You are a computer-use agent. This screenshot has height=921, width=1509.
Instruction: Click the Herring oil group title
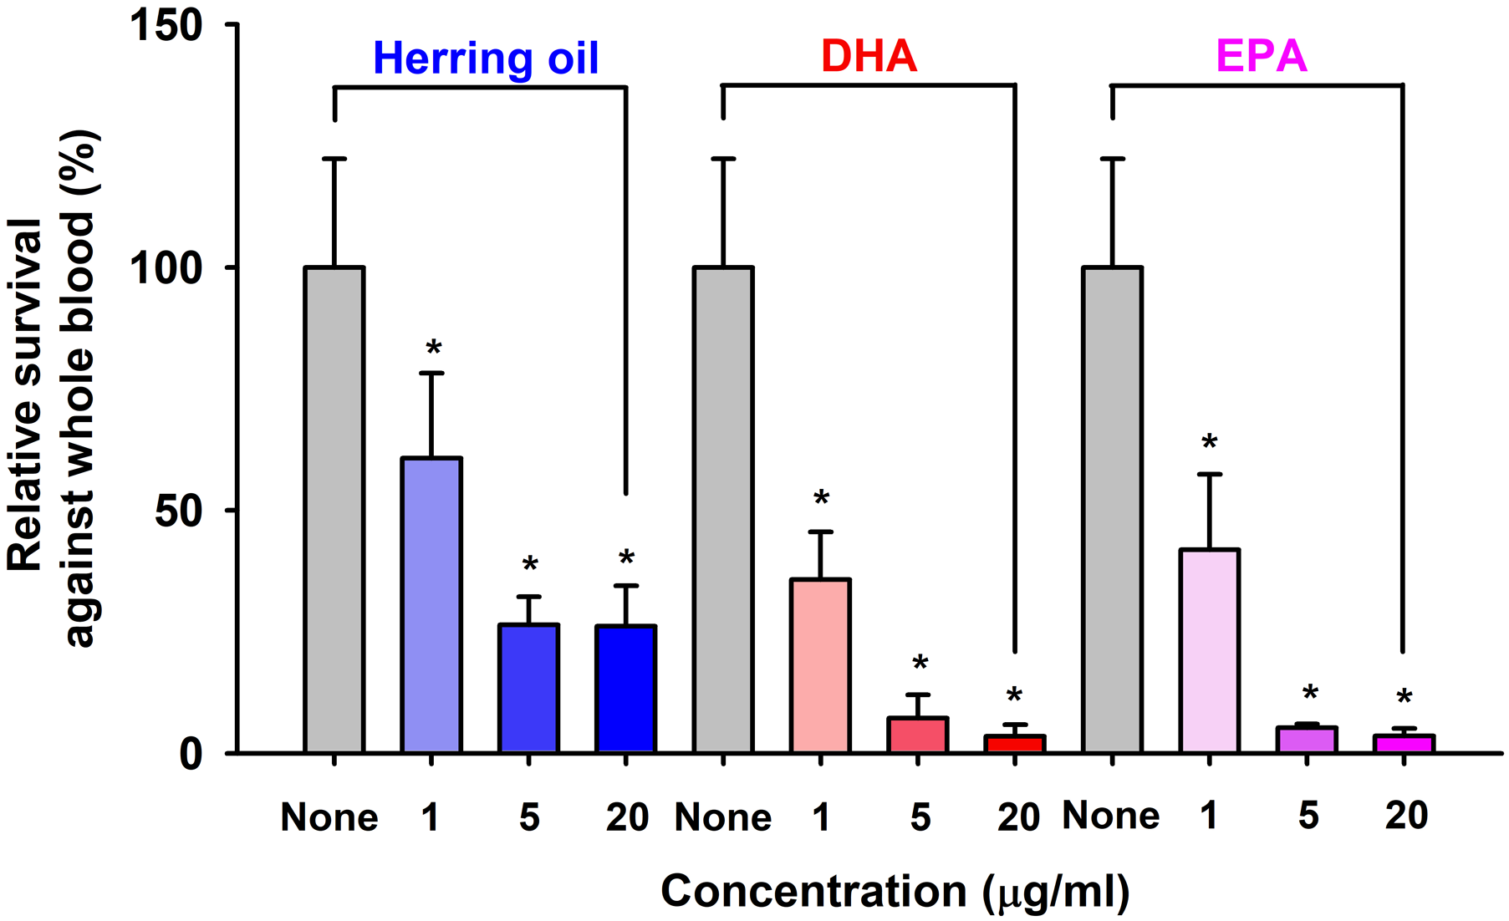tap(486, 59)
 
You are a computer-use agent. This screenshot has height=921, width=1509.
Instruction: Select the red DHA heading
tap(869, 57)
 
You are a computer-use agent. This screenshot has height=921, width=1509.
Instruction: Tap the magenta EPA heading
tap(1261, 57)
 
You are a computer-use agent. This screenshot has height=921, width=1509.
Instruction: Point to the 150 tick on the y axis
tap(167, 25)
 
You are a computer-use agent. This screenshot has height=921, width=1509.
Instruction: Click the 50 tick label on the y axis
tap(178, 511)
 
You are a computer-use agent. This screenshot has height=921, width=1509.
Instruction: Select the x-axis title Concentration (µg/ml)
tap(895, 891)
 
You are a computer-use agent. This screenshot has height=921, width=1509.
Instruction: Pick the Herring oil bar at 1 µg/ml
tap(431, 605)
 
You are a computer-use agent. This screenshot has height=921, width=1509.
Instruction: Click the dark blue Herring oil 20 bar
tap(625, 689)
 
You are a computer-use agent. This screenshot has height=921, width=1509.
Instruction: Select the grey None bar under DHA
tap(723, 510)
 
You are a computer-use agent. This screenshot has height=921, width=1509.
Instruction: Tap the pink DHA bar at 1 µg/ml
tap(820, 665)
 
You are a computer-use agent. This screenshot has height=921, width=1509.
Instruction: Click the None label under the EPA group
tap(1110, 816)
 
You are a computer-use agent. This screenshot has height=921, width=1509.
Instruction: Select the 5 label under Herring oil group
tap(528, 817)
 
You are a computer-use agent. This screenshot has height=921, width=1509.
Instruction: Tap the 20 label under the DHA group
tap(1017, 817)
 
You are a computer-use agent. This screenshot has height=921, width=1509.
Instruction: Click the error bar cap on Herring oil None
tap(334, 159)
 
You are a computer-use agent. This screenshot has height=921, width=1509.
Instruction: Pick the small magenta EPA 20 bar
tap(1404, 743)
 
